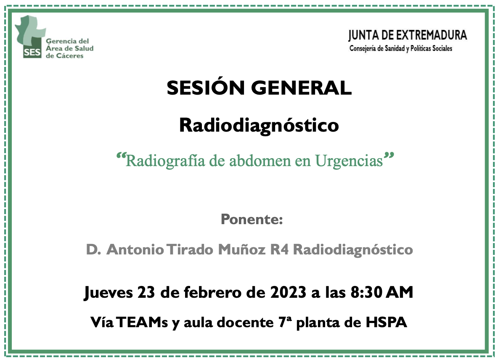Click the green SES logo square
point(32,52)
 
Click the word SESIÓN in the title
point(206,87)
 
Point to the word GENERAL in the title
point(302,88)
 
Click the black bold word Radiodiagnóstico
point(259,125)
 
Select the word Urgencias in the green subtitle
point(349,161)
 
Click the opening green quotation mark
point(121,156)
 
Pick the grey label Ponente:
point(252,220)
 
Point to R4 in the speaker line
point(279,249)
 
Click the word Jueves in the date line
point(108,292)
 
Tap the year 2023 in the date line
point(288,292)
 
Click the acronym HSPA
point(386,323)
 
